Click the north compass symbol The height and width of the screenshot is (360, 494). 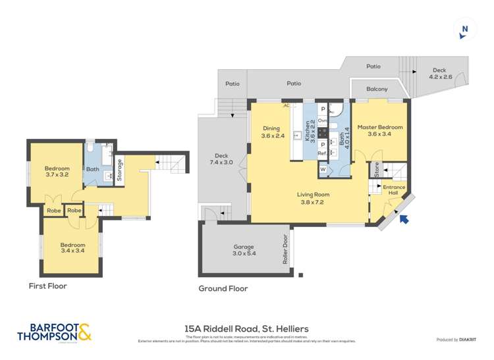(465, 28)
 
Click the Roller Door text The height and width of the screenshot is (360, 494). (286, 250)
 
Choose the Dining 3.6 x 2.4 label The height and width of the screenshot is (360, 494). (271, 132)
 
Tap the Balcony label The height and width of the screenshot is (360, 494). (377, 89)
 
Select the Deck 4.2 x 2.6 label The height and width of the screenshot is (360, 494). (442, 74)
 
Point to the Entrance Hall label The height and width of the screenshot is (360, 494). (395, 190)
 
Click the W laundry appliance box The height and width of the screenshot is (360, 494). (323, 169)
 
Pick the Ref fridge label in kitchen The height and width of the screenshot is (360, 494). (322, 153)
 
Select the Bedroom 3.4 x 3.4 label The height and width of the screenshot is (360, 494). (72, 248)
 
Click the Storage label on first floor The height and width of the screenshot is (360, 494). (119, 170)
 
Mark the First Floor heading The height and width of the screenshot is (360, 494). (47, 286)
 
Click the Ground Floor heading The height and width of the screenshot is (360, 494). (223, 288)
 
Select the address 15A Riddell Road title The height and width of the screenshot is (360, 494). (246, 328)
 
